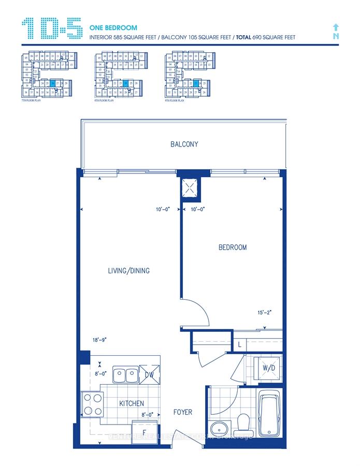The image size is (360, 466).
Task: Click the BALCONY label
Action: (x=184, y=144)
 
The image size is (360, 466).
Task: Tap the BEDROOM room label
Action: (x=232, y=247)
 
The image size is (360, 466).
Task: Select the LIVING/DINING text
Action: (x=129, y=271)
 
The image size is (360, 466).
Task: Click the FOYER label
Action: (x=182, y=412)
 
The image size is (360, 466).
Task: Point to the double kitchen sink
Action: (x=125, y=373)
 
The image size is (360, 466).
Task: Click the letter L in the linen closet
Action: (x=239, y=344)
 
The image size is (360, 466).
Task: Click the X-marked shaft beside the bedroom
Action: (x=190, y=188)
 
